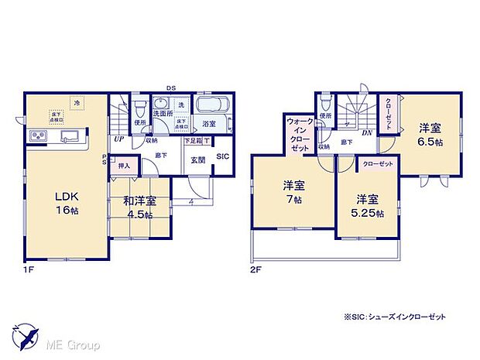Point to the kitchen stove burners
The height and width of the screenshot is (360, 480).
tap(38, 137)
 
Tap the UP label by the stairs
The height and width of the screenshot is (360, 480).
tap(119, 139)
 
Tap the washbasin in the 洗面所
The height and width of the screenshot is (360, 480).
tap(159, 105)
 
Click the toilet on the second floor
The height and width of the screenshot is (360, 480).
tap(324, 105)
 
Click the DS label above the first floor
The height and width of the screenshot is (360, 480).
tap(170, 87)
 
